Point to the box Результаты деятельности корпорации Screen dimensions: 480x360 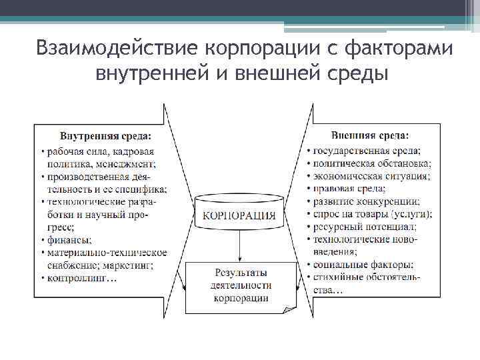pyautogui.click(x=241, y=285)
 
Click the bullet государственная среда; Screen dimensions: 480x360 pyautogui.click(x=367, y=150)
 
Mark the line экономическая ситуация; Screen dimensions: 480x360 pyautogui.click(x=371, y=176)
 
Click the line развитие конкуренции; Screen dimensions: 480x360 pyautogui.click(x=366, y=201)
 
